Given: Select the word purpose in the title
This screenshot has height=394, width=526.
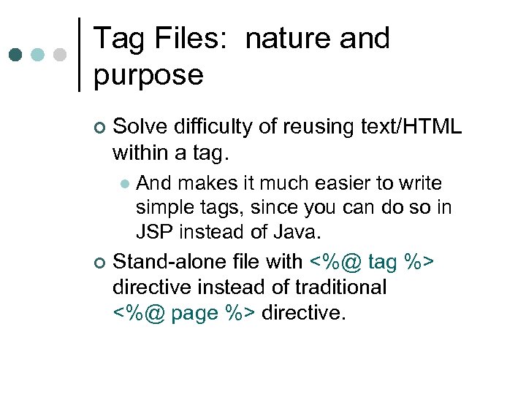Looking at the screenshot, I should click(148, 74).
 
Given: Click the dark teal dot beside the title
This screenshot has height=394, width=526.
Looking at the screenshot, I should click(16, 55).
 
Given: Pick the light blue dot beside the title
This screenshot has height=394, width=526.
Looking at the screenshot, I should click(37, 55).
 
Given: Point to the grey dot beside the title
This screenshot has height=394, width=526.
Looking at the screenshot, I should click(60, 55).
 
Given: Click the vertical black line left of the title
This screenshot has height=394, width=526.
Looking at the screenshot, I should click(79, 55).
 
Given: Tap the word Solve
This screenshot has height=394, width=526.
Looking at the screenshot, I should click(141, 127).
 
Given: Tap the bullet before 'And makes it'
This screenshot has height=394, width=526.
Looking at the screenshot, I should click(124, 184).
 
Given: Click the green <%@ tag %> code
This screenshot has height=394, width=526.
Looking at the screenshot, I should click(372, 260).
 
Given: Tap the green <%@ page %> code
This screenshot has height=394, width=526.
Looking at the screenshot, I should click(184, 312).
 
